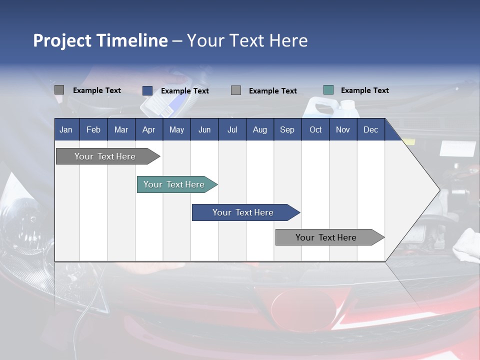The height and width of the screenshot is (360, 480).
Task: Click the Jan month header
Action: point(66,129)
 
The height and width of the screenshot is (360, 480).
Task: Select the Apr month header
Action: point(148,129)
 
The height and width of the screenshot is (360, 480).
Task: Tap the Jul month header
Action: point(232,129)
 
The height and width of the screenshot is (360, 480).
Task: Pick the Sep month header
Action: point(287,129)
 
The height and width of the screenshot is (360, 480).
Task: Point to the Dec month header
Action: point(370,129)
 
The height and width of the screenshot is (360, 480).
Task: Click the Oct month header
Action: point(315,129)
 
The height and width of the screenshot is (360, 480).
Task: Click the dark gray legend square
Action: point(59,90)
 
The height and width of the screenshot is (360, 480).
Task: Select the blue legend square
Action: point(147,90)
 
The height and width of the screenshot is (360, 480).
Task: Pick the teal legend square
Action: point(328,90)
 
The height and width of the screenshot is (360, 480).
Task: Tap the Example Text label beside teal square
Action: point(364,90)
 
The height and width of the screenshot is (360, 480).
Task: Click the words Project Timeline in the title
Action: point(100,40)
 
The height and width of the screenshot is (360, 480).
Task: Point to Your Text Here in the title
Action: point(247,40)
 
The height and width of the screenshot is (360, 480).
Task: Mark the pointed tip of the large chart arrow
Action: point(438,189)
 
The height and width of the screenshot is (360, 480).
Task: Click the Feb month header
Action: point(93,129)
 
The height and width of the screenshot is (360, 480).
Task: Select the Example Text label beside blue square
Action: point(184,91)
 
